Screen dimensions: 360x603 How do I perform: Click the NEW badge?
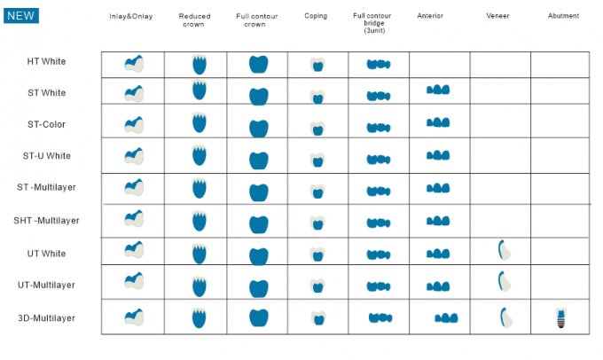[21, 15]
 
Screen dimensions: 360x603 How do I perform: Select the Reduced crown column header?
[194, 20]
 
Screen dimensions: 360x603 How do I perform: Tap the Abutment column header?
[564, 16]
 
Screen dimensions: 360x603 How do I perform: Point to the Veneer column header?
[498, 16]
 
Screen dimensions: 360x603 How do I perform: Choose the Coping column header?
[316, 16]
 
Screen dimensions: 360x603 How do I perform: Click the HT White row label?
[46, 61]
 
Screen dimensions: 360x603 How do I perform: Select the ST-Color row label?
[46, 124]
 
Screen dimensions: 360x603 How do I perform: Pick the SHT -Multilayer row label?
[46, 220]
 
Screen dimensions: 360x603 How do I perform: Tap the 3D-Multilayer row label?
[46, 317]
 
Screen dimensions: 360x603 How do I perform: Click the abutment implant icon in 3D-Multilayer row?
[560, 317]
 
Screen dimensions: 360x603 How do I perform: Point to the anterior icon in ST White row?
[438, 90]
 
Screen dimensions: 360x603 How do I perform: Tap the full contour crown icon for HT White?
[258, 64]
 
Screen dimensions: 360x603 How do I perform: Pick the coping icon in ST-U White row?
[317, 160]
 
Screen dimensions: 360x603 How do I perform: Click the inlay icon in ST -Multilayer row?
[134, 187]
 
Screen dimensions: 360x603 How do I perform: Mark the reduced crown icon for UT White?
[200, 252]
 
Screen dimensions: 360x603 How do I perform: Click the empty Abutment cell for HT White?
[560, 64]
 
